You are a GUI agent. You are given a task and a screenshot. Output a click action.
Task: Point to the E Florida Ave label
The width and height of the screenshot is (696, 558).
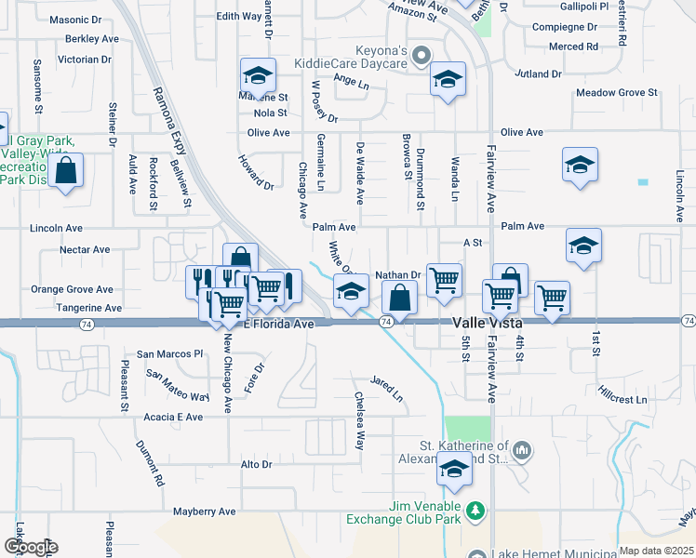click(279, 323)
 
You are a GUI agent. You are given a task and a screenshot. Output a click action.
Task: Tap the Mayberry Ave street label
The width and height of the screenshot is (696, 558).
click(205, 511)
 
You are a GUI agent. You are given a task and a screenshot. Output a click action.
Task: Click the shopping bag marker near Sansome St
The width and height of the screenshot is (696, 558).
click(65, 171)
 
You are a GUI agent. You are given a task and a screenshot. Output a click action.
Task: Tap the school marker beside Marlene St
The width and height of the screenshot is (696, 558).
click(259, 74)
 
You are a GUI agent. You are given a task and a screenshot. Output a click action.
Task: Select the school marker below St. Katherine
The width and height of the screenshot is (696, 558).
click(454, 472)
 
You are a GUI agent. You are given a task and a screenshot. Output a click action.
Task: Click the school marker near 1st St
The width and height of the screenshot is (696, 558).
click(583, 246)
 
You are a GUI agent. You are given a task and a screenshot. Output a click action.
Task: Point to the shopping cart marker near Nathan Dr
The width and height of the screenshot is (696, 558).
click(444, 279)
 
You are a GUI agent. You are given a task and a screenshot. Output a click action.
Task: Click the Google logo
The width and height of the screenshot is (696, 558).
click(30, 547)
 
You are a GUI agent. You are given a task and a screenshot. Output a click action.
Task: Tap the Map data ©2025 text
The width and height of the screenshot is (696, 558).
click(656, 551)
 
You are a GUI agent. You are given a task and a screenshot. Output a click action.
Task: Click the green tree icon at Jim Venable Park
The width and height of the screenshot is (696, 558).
click(475, 511)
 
